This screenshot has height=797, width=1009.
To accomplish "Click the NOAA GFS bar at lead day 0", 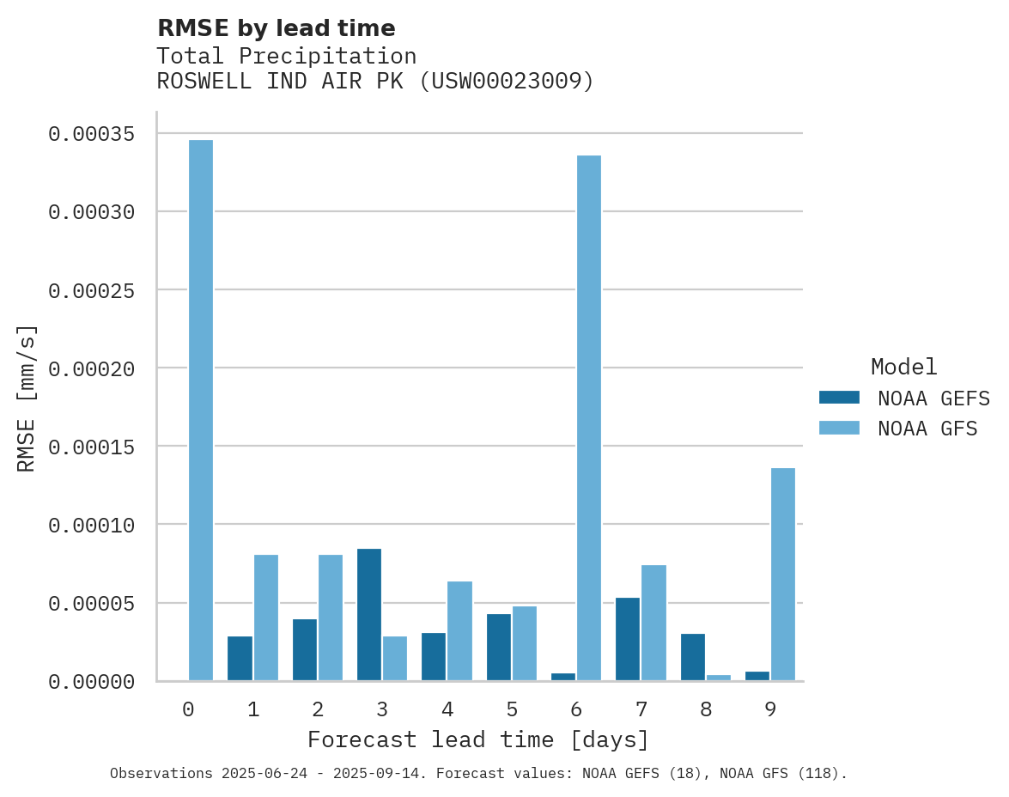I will (x=201, y=411).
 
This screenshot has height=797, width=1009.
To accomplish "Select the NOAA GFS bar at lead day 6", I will (x=589, y=418).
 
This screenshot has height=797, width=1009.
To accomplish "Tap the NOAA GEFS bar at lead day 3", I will (x=369, y=615).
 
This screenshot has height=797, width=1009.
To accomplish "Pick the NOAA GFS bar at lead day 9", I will (x=783, y=575).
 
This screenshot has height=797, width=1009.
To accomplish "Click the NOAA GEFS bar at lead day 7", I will (x=628, y=639).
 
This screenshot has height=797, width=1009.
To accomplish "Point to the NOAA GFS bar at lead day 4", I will (x=459, y=631).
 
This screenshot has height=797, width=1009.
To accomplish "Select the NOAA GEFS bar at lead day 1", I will (x=240, y=659).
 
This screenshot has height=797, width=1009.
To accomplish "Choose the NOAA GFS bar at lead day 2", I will (x=331, y=618).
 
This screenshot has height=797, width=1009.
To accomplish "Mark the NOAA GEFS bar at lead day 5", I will (x=499, y=648).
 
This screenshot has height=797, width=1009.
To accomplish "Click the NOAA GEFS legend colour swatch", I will (x=839, y=398).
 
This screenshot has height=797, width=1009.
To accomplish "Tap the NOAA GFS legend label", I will (x=927, y=429).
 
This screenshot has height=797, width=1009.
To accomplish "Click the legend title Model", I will (x=903, y=368).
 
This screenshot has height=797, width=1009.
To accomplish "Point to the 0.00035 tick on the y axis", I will (x=91, y=134).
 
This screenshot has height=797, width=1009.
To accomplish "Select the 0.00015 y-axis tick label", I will (x=91, y=447).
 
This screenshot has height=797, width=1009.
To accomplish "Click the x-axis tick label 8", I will (x=706, y=710).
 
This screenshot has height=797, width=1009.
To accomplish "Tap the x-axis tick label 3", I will (x=382, y=710).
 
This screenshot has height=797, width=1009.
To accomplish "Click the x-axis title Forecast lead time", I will (x=478, y=739).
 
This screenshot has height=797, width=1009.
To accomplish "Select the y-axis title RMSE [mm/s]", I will (x=27, y=398).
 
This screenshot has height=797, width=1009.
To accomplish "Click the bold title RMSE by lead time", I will (x=276, y=28).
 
